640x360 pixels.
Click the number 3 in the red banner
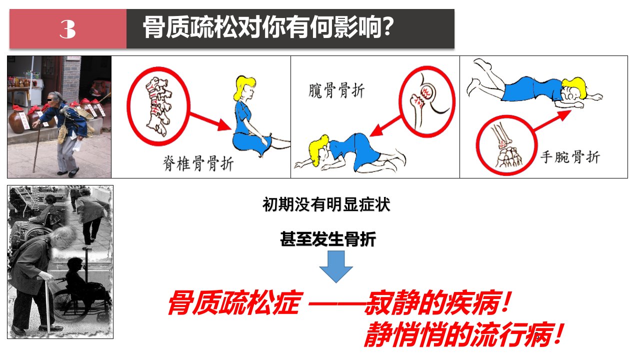point(67,29)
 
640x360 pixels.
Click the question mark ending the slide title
point(387,26)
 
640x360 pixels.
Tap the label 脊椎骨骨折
point(198,163)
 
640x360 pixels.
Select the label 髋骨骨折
point(336,90)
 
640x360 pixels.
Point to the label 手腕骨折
point(569,157)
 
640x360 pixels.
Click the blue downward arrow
point(336,266)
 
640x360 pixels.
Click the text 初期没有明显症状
point(326,204)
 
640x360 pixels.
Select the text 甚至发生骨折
point(328,239)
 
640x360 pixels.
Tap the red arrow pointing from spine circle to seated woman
point(210,121)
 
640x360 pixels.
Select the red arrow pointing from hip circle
point(385,126)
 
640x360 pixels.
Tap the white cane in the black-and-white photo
point(47,305)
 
